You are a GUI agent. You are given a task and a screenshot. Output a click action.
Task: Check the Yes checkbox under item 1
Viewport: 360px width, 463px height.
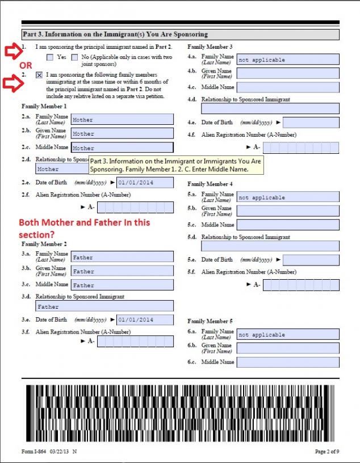pyautogui.click(x=50, y=57)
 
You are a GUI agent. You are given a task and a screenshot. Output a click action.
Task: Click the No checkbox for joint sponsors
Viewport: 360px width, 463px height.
pyautogui.click(x=74, y=57)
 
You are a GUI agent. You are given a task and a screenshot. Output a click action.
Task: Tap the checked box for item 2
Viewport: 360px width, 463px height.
pyautogui.click(x=39, y=74)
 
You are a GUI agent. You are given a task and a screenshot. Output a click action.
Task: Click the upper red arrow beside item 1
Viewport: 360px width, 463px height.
pyautogui.click(x=11, y=52)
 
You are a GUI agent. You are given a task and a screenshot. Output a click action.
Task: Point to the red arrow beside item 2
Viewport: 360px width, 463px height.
pyautogui.click(x=11, y=84)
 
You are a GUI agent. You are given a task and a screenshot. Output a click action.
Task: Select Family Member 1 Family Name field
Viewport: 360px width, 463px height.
pyautogui.click(x=122, y=120)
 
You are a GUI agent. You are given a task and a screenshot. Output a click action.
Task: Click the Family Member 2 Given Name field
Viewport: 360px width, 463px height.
pyautogui.click(x=122, y=271)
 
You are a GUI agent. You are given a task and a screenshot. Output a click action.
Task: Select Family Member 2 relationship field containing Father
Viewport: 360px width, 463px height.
pyautogui.click(x=104, y=307)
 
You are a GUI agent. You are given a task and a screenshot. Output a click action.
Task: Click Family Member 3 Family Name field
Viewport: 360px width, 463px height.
pyautogui.click(x=287, y=60)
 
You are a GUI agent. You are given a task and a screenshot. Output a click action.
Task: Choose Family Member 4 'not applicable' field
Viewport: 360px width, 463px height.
pyautogui.click(x=287, y=197)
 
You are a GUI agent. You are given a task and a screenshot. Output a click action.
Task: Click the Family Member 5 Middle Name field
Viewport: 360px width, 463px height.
pyautogui.click(x=287, y=362)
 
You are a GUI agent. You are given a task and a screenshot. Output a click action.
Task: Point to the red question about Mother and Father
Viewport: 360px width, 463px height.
pyautogui.click(x=85, y=228)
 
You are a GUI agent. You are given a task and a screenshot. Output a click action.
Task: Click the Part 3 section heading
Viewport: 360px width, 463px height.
pyautogui.click(x=115, y=34)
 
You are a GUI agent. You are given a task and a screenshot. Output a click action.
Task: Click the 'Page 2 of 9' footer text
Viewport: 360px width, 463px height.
pyautogui.click(x=327, y=451)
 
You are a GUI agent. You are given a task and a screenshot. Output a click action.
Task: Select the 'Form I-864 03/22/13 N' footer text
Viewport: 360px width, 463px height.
pyautogui.click(x=49, y=451)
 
